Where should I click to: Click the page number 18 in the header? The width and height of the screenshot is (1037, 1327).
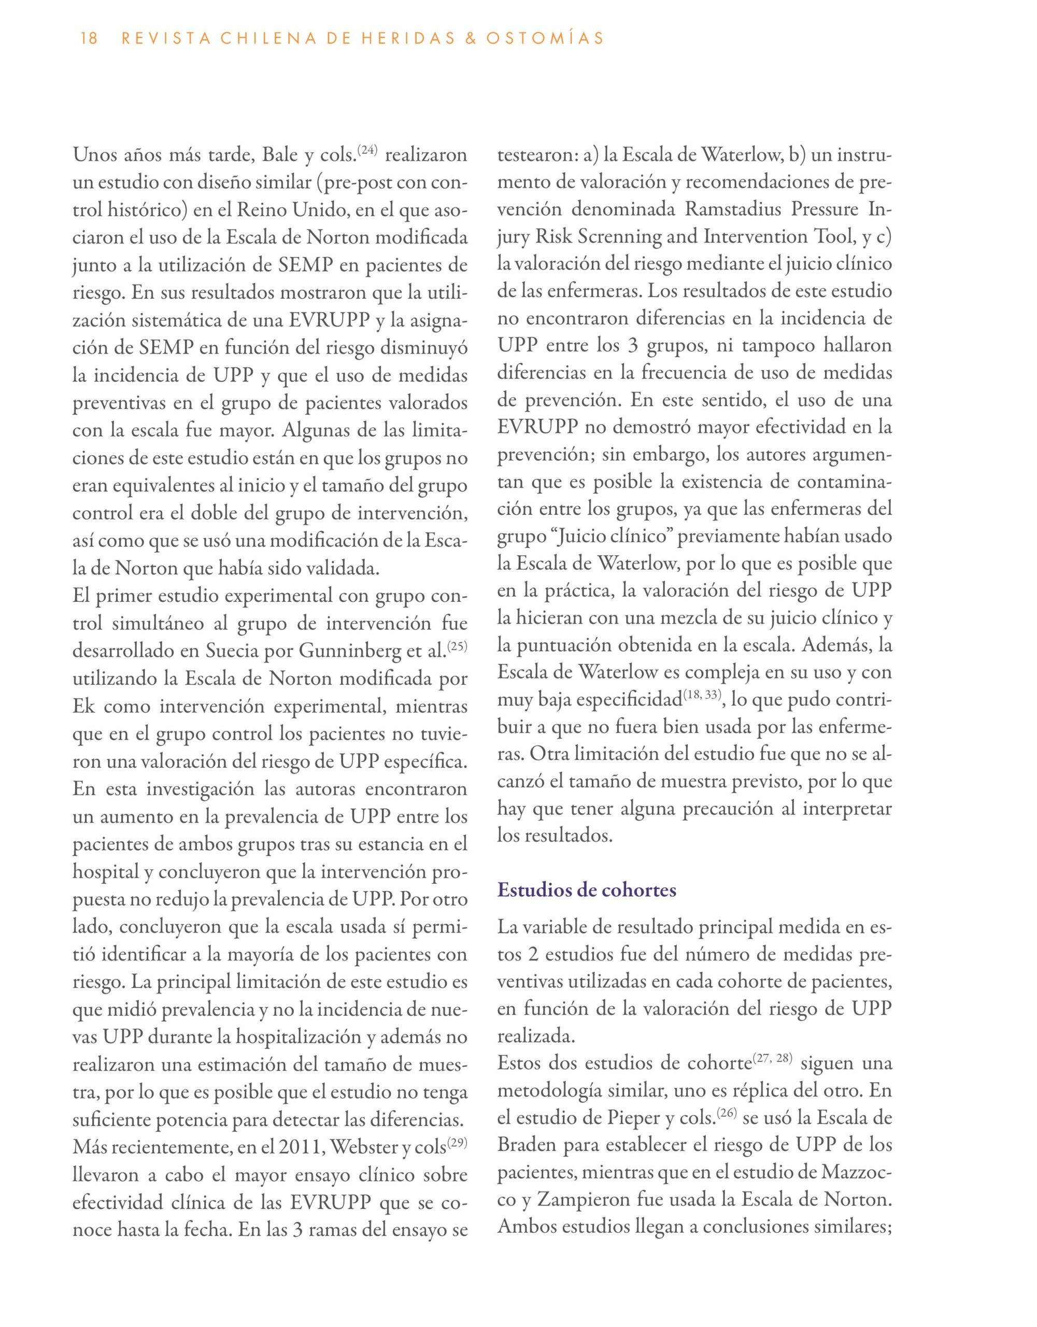coord(89,39)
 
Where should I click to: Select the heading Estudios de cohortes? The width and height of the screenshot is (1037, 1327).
coord(587,891)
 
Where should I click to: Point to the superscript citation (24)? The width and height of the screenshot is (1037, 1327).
coord(366,149)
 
